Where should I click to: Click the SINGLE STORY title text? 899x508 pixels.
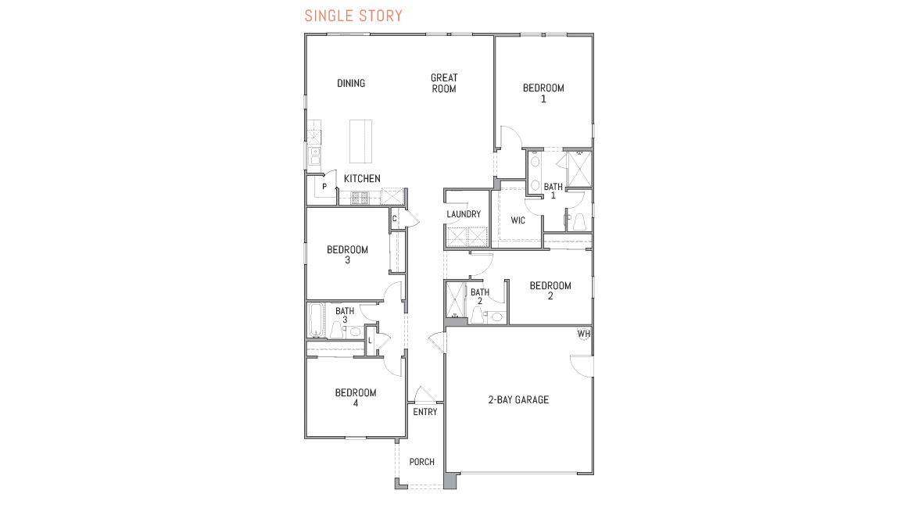[353, 16]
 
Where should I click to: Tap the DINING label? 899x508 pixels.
[351, 84]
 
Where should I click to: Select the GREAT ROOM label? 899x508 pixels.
[444, 83]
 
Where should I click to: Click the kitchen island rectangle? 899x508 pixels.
[361, 140]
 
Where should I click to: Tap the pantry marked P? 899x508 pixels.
[324, 187]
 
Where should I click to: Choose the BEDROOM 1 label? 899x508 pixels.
[543, 93]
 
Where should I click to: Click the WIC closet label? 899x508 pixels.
[518, 220]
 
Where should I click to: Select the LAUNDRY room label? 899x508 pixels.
[463, 214]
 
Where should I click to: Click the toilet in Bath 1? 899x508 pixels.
[579, 223]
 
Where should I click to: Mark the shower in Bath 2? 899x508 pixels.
[455, 301]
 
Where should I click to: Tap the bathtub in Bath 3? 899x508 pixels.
[316, 320]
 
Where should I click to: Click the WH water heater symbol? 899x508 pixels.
[583, 334]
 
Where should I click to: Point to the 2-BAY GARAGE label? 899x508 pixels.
[519, 400]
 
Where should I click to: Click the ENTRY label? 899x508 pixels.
[425, 412]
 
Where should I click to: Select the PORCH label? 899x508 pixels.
[422, 462]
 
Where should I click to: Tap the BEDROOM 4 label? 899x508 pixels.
[356, 398]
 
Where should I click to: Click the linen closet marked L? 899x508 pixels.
[371, 340]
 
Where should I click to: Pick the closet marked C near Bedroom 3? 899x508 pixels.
[395, 219]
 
